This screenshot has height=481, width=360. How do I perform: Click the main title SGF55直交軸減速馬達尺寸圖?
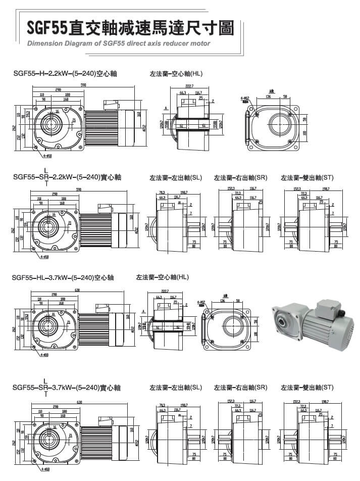[130, 28]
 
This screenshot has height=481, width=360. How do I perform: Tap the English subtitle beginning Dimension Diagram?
[118, 43]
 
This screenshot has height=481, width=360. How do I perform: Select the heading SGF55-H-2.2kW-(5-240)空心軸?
[66, 74]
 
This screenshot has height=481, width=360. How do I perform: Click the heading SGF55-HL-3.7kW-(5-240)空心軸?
[64, 277]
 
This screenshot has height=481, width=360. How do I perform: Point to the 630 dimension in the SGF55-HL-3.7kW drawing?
[77, 290]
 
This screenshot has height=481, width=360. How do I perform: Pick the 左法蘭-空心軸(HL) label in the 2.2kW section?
[176, 74]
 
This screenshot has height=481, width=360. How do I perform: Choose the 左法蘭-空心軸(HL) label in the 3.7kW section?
[163, 277]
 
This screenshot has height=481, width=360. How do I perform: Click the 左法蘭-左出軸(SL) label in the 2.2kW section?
[176, 178]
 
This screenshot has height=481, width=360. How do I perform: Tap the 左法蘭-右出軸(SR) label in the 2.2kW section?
[241, 178]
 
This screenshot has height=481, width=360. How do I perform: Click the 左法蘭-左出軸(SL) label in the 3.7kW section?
[176, 388]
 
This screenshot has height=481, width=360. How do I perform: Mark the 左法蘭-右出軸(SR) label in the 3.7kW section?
[241, 388]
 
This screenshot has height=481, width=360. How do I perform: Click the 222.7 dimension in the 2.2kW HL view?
[190, 86]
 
